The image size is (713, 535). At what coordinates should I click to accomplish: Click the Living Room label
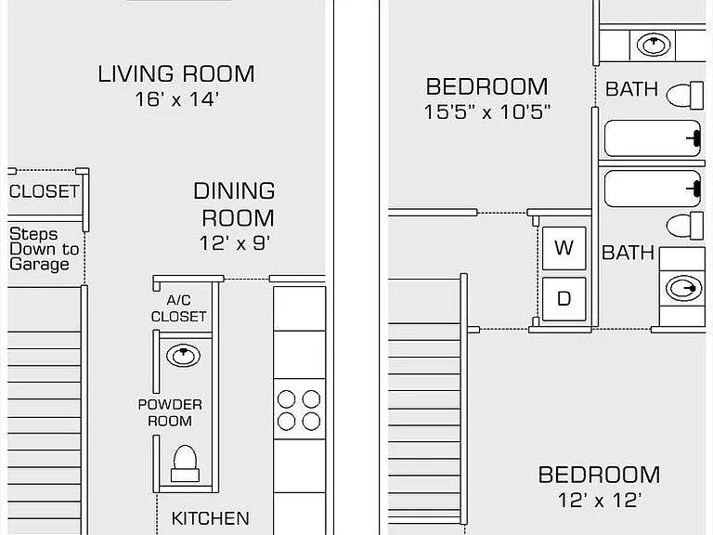(x=176, y=74)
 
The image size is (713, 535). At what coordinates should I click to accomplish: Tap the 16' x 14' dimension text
(x=177, y=99)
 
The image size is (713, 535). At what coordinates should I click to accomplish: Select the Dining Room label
(x=235, y=204)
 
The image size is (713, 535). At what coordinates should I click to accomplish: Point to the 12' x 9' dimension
(x=235, y=243)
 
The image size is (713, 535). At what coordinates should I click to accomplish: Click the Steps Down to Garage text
(x=45, y=249)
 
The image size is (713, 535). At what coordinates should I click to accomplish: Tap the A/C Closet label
(x=178, y=308)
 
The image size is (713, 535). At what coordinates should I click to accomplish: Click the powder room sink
(x=183, y=356)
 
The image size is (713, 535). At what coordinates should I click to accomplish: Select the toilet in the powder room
(x=185, y=463)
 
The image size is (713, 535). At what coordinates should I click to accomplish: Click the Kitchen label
(x=210, y=518)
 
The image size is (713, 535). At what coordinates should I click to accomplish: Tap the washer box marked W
(x=564, y=248)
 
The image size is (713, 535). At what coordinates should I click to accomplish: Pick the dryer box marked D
(x=564, y=298)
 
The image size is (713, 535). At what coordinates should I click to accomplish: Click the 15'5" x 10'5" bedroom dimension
(x=487, y=111)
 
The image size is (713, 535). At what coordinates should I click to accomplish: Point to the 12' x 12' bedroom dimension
(x=600, y=501)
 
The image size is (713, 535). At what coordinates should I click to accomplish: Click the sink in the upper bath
(x=654, y=45)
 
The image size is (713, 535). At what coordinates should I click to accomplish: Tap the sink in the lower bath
(x=683, y=289)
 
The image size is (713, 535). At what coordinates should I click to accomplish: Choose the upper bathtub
(x=653, y=138)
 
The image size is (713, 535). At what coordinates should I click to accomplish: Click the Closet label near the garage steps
(x=45, y=191)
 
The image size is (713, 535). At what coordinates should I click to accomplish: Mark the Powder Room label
(x=170, y=412)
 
